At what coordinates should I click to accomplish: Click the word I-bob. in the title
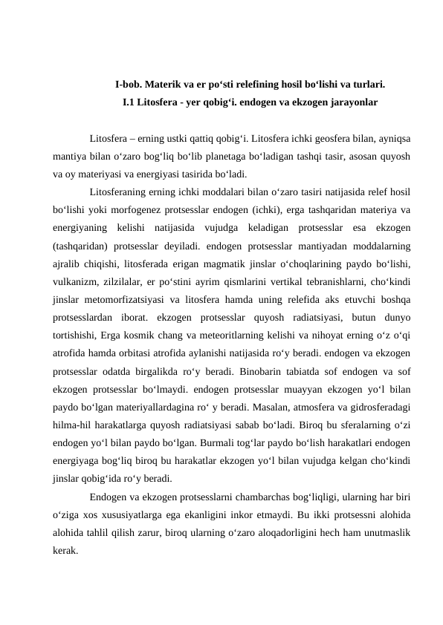[129, 85]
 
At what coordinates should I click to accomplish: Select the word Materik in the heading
[166, 85]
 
